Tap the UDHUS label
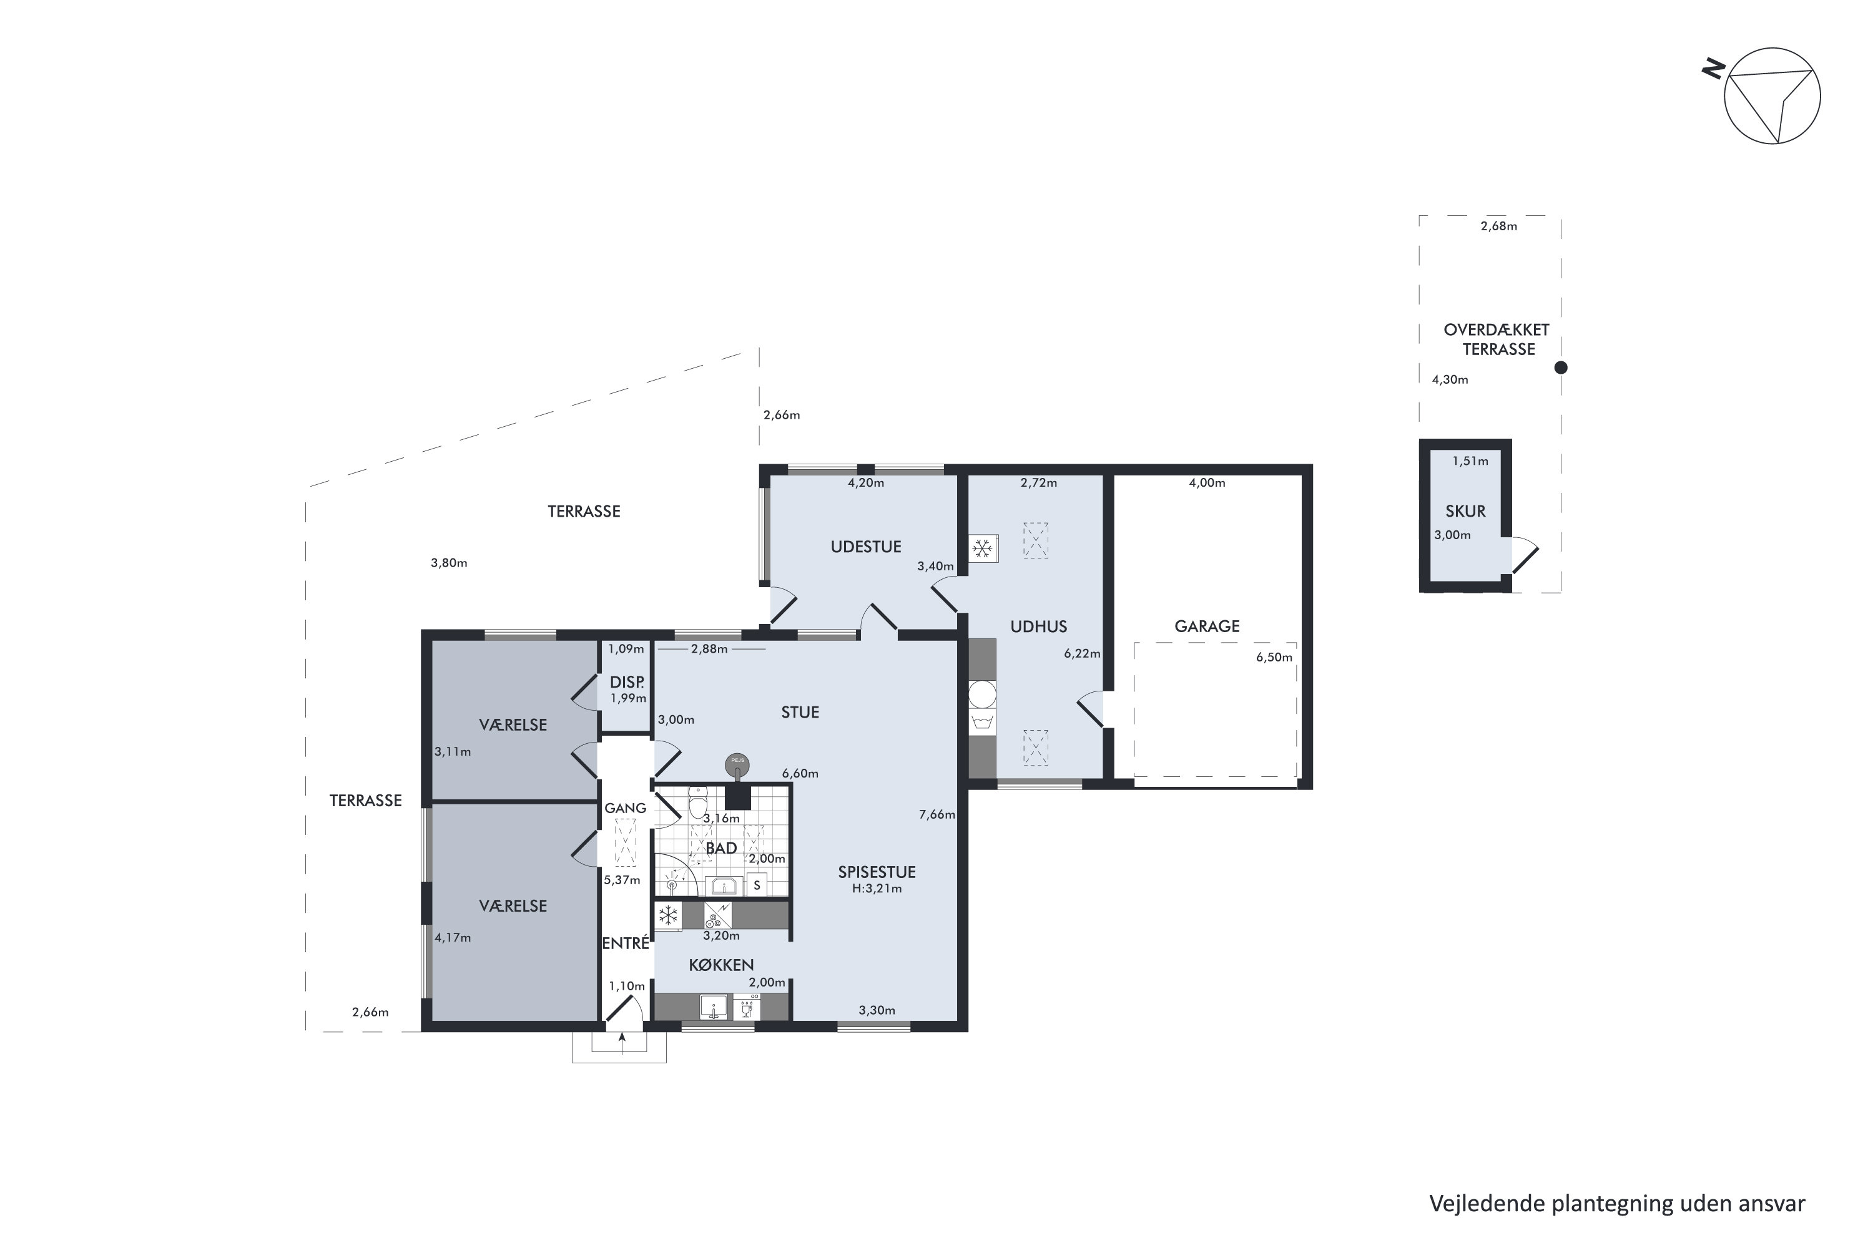click(x=1038, y=626)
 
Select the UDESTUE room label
click(x=865, y=547)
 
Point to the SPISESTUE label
click(x=877, y=872)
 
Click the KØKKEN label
click(x=720, y=965)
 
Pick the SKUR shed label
click(x=1465, y=512)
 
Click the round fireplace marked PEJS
click(x=737, y=764)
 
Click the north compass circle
click(x=1772, y=96)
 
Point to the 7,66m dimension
click(x=936, y=814)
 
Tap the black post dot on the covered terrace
click(x=1561, y=368)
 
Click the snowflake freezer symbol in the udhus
click(x=983, y=548)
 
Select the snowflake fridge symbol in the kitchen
click(x=668, y=915)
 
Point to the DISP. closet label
click(x=627, y=682)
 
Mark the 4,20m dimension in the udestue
click(x=865, y=482)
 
